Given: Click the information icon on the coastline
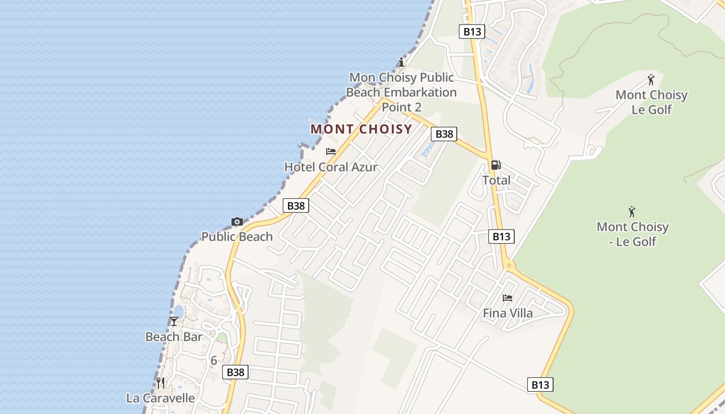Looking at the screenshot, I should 401,63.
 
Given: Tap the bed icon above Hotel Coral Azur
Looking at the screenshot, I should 331,152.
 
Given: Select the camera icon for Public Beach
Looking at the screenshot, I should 237,221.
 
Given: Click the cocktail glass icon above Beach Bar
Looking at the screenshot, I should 174,321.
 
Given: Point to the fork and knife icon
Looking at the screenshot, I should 161,383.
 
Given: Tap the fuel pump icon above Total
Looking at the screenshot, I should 496,165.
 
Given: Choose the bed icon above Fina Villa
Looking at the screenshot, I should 508,298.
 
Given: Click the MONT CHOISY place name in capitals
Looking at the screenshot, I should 361,129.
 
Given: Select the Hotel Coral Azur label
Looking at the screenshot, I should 331,167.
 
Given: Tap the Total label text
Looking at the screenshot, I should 496,180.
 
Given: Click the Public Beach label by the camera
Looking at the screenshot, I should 237,236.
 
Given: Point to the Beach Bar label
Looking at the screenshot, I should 174,337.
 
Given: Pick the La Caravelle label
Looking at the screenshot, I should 161,398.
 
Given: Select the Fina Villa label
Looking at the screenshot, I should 508,313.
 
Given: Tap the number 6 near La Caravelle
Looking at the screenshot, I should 213,361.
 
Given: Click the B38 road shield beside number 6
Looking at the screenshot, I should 235,372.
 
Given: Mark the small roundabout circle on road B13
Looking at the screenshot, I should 509,265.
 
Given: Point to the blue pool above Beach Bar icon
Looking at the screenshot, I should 178,310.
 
